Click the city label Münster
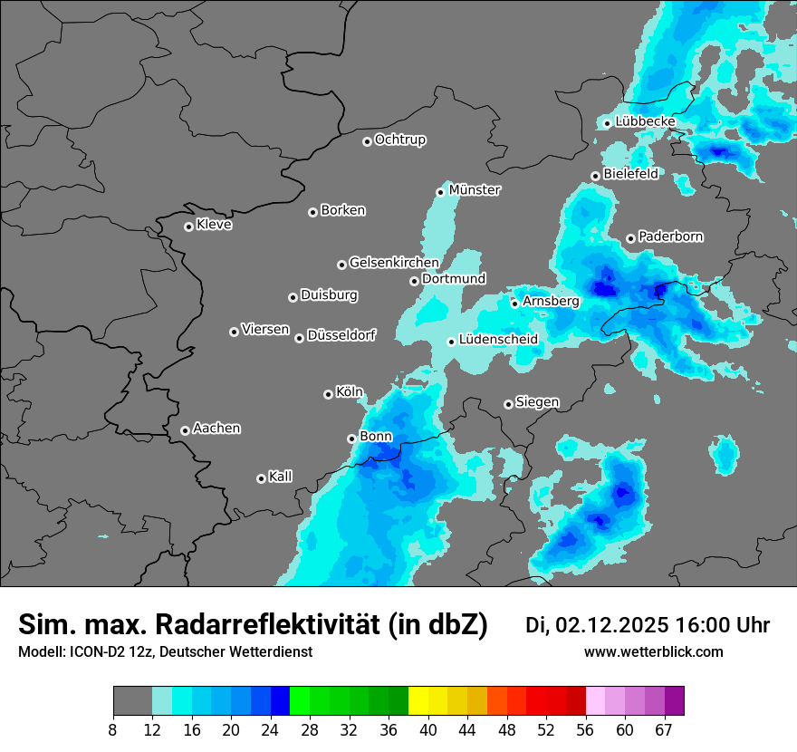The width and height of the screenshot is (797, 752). (x=475, y=190)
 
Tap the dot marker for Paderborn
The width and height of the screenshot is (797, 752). (x=631, y=238)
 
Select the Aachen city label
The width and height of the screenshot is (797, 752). (x=216, y=429)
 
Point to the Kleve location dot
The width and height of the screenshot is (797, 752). (x=188, y=227)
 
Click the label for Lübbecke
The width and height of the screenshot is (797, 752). (x=645, y=121)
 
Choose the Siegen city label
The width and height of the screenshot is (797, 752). (x=537, y=402)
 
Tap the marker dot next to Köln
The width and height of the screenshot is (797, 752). (x=328, y=394)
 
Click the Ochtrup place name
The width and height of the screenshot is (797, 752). (x=399, y=140)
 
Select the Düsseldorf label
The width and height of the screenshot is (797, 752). (x=341, y=335)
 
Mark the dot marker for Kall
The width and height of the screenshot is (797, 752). (x=261, y=478)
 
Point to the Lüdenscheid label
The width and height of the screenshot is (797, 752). (x=498, y=340)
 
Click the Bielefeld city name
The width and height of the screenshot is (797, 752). (x=630, y=174)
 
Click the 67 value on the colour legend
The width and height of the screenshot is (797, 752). (x=664, y=730)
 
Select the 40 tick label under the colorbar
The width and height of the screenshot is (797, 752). (x=427, y=730)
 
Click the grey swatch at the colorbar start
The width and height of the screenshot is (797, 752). (x=132, y=701)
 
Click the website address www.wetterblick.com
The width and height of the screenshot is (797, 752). (x=653, y=652)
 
